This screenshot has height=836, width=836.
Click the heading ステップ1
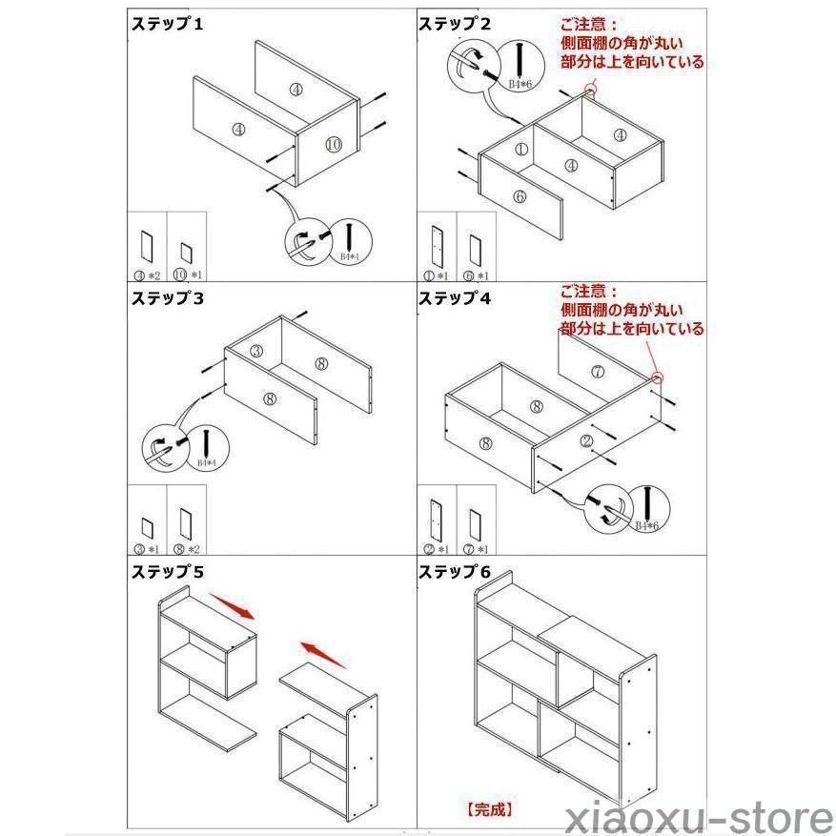tap(167, 25)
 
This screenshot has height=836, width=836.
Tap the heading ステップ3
tap(167, 298)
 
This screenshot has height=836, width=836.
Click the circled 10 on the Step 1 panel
tap(332, 144)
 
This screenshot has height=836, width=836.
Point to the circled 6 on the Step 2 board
tap(520, 196)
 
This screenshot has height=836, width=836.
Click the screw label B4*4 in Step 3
tap(207, 462)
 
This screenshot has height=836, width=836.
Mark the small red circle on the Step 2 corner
tap(590, 92)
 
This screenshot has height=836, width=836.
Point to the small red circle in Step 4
tap(658, 378)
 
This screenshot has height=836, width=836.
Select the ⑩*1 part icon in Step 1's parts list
tap(187, 255)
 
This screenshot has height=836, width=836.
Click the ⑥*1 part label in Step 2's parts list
tap(476, 275)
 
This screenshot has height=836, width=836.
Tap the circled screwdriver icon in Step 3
tap(160, 448)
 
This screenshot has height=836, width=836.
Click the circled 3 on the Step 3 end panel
tap(255, 352)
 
